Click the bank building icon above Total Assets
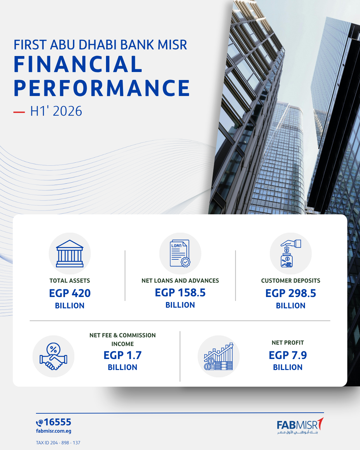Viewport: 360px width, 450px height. [70, 253]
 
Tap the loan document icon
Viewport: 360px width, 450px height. [180, 253]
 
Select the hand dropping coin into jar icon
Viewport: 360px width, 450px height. [291, 253]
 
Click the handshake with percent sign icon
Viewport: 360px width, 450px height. [53, 356]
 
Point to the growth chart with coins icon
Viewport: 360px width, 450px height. [219, 356]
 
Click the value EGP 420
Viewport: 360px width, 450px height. [70, 293]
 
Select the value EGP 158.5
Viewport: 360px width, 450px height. [180, 293]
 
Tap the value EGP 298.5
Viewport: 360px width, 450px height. [291, 293]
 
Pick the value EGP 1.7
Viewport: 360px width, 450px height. [123, 355]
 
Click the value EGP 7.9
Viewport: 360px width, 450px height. [288, 355]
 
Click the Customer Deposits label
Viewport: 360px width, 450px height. [291, 281]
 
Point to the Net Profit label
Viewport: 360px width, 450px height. [288, 343]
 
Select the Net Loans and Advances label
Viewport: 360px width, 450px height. [180, 281]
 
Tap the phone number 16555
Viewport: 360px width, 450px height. [58, 422]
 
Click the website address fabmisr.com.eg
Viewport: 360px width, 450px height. [54, 431]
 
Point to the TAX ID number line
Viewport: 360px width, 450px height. [58, 443]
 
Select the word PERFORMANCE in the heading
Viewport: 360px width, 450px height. [102, 88]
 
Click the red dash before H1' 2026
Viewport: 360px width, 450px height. [19, 112]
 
